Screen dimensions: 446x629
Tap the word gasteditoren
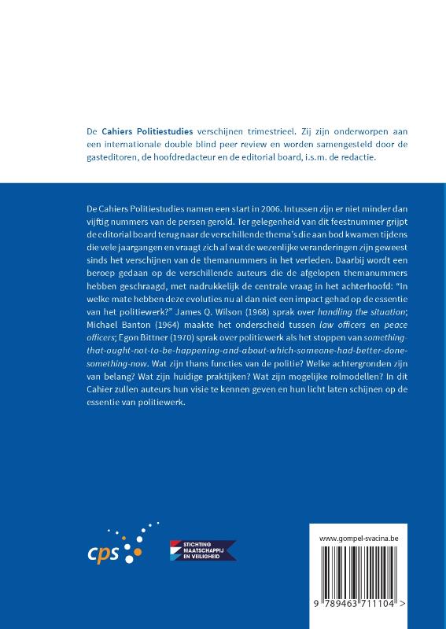coord(116,157)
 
